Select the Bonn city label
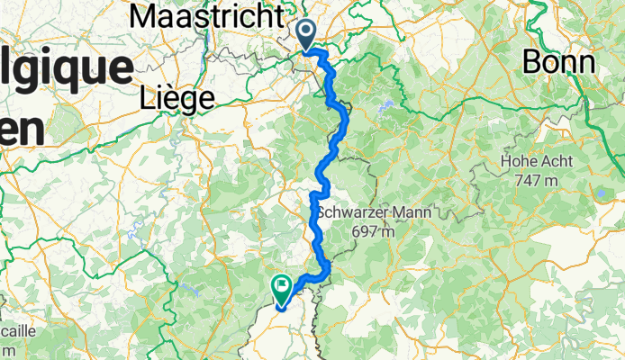tap(559, 62)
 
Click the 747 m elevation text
tap(540, 181)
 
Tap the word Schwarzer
tap(353, 213)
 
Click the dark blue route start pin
tap(306, 34)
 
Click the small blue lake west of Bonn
tap(386, 107)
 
